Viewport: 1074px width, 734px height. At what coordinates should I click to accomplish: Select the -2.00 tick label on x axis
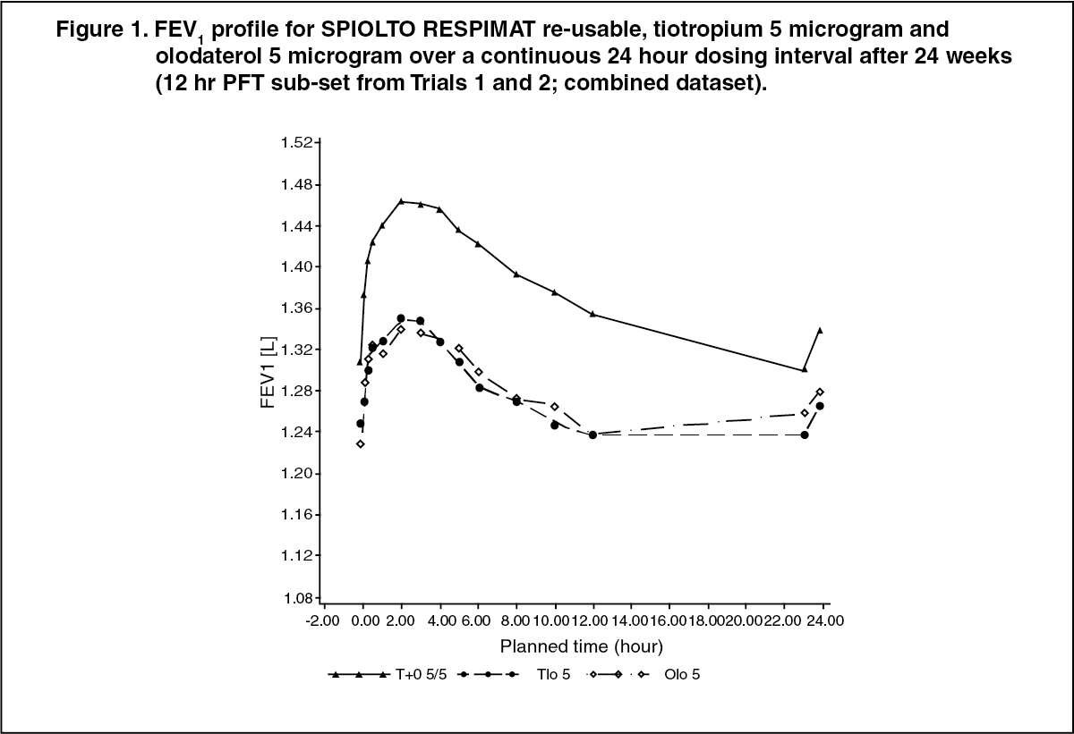(324, 620)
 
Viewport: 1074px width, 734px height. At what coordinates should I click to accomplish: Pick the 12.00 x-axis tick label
(592, 620)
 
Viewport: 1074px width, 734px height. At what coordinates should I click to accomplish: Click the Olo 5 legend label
(682, 675)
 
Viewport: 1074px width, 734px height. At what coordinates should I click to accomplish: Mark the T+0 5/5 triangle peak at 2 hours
(401, 201)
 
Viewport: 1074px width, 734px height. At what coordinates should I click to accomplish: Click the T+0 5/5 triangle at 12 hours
(592, 314)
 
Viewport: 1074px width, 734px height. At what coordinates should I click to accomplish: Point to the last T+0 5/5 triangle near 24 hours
(820, 330)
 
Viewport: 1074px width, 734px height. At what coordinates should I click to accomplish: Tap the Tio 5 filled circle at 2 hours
(401, 318)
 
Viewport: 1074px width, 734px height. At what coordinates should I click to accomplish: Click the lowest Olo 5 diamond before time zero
(361, 443)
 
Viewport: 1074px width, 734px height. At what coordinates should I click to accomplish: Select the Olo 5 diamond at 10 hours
(555, 407)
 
